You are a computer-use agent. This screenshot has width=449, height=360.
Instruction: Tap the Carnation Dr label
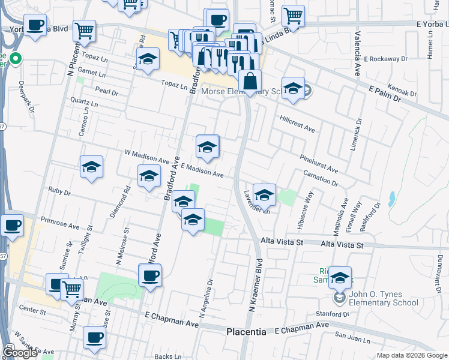click(x=321, y=178)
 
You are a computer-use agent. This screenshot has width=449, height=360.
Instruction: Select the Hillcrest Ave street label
click(x=297, y=124)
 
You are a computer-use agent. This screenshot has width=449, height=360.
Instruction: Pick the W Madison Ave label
click(x=146, y=158)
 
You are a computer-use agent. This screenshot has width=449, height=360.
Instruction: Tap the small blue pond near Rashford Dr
click(x=391, y=197)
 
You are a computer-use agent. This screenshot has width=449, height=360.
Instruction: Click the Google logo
click(x=20, y=353)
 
